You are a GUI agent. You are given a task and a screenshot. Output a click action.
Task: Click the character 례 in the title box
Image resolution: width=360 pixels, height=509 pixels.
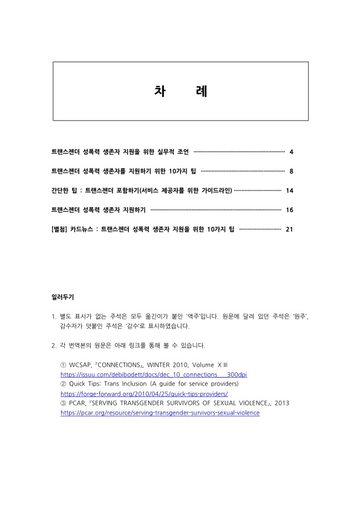coord(202,91)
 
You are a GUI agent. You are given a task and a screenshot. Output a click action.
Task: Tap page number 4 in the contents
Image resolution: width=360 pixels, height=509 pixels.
coord(291,151)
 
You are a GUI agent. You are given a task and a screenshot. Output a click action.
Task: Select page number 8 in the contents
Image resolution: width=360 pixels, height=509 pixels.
coord(291,171)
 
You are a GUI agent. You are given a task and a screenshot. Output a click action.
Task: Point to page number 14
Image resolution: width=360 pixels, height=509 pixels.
coord(289,191)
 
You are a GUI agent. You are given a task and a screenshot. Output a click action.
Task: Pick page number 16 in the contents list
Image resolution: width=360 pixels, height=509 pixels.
coord(289,210)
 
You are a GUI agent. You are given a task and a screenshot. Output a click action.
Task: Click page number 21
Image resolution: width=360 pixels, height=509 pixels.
coord(289,229)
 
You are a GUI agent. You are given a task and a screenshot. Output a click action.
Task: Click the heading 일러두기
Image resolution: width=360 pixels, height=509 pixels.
coord(63,297)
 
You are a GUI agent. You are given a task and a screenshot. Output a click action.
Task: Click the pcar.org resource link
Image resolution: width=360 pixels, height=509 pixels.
coord(160,413)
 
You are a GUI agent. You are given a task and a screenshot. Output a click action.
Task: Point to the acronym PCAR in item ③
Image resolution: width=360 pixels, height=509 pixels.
coord(77,403)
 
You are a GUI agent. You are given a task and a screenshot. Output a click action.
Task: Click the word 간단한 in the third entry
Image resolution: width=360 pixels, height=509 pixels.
coord(62,191)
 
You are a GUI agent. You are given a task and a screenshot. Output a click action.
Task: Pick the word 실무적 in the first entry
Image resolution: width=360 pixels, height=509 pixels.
coord(166,151)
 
